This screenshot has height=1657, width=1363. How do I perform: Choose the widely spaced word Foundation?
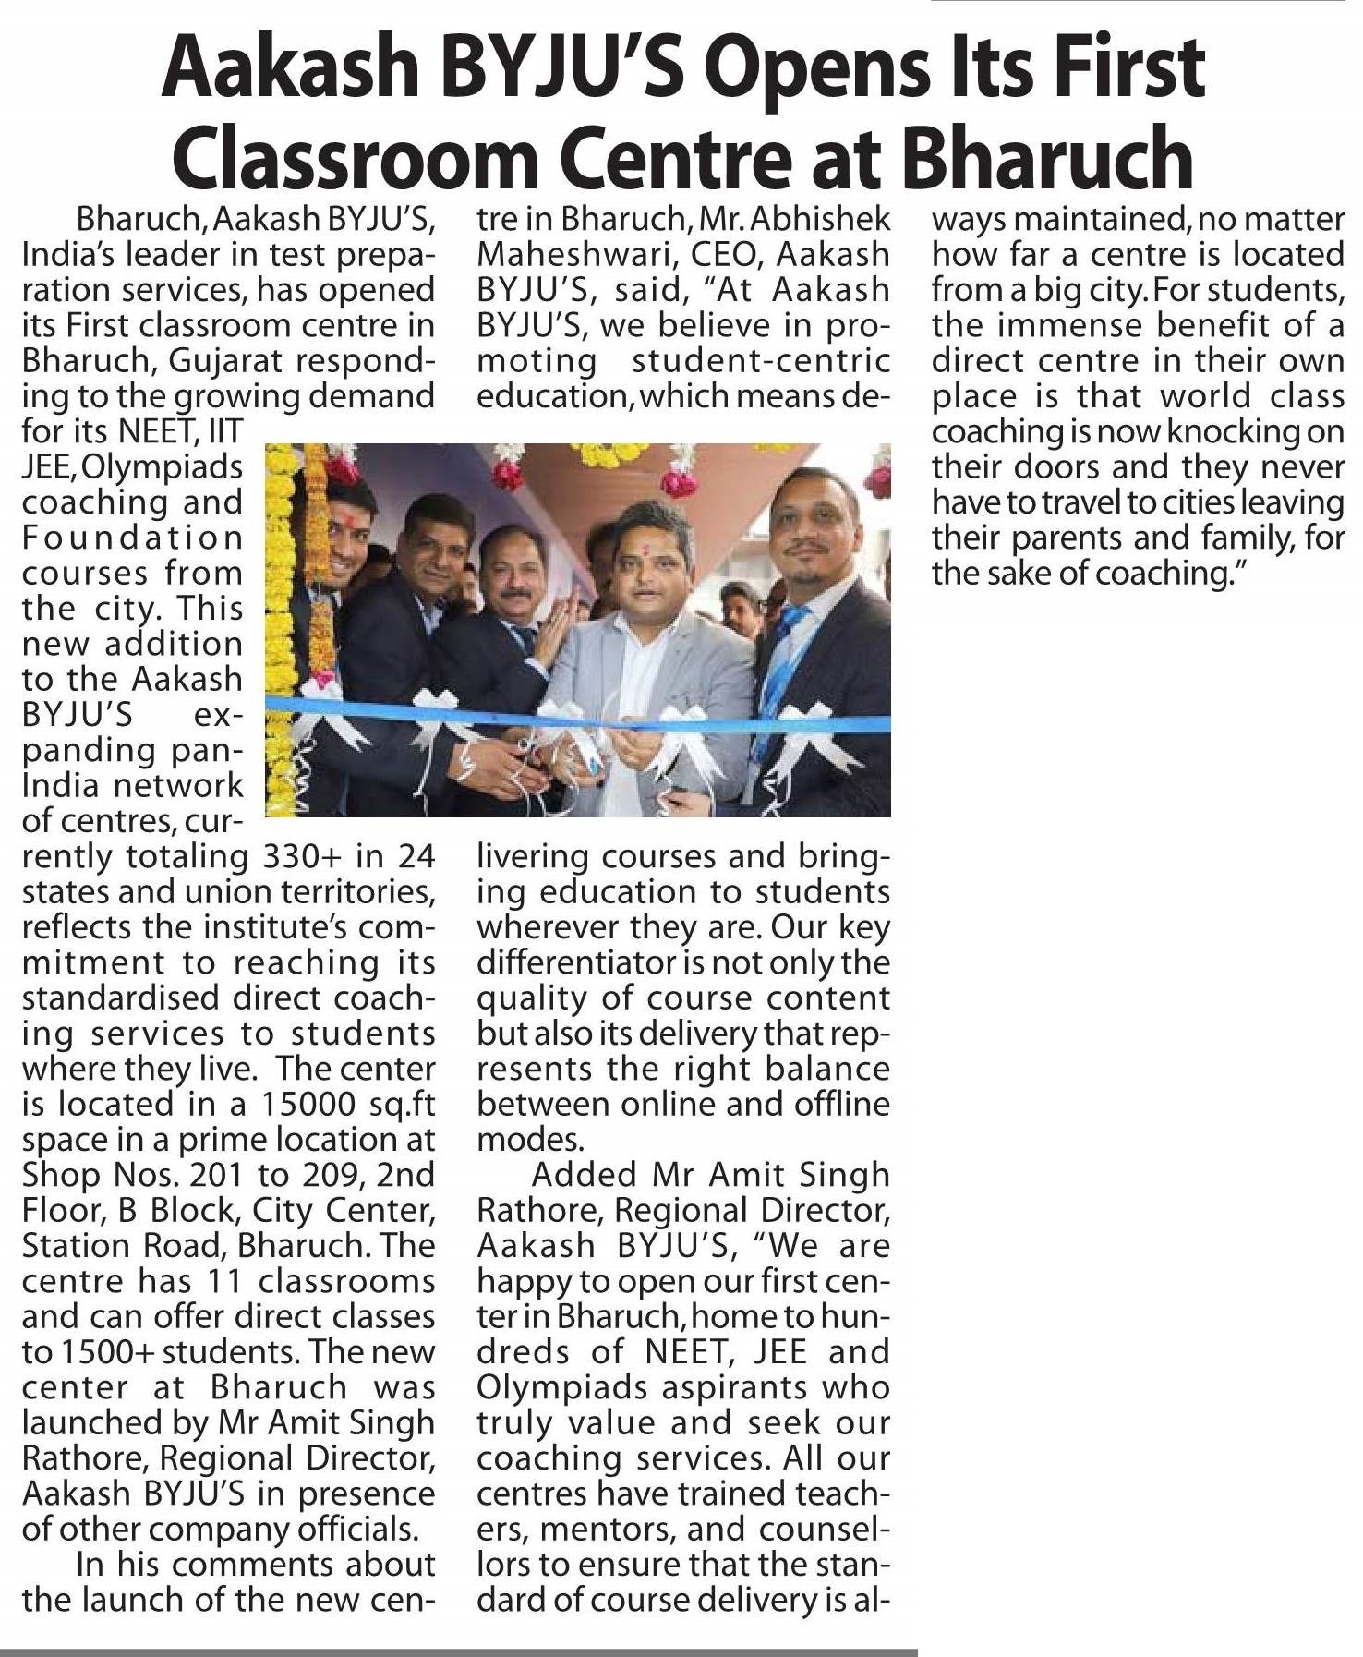(x=132, y=538)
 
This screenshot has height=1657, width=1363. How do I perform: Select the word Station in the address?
(x=71, y=1245)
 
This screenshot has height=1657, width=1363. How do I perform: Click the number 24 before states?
(x=416, y=856)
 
